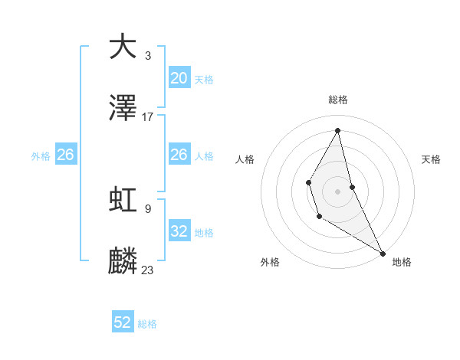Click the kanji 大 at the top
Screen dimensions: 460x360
(123, 47)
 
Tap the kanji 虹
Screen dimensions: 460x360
(123, 199)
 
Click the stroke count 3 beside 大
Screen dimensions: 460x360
(148, 55)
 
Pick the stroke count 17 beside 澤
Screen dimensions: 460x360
(148, 117)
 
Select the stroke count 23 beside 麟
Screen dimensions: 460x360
(148, 270)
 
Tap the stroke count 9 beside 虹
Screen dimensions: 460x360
(148, 208)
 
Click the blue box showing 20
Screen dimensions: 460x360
(179, 78)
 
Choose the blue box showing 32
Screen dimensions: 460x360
(179, 231)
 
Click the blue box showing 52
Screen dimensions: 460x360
(123, 322)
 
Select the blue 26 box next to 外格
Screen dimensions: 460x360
(65, 155)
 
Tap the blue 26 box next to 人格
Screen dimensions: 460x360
(179, 155)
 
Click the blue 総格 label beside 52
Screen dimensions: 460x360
(147, 324)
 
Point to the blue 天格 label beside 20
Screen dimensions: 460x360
(204, 80)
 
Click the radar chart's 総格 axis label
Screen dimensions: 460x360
(338, 100)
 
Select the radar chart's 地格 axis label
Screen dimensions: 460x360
(402, 262)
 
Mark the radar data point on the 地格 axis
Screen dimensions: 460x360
(383, 253)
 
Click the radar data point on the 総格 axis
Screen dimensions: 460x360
(338, 130)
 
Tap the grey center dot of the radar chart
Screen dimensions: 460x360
(338, 190)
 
